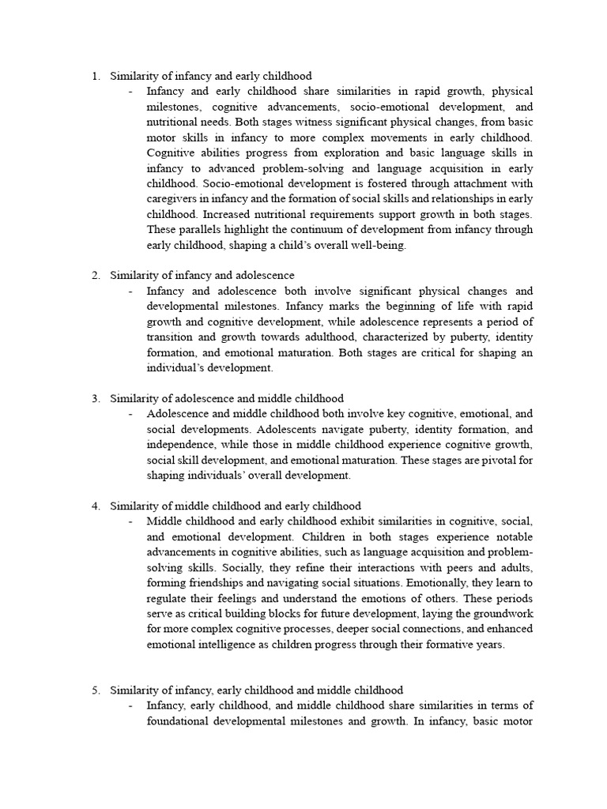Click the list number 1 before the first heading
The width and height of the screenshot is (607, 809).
94,77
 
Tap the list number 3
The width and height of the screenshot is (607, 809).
94,399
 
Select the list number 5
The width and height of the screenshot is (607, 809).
94,690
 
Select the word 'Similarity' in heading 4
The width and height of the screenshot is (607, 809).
135,506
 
